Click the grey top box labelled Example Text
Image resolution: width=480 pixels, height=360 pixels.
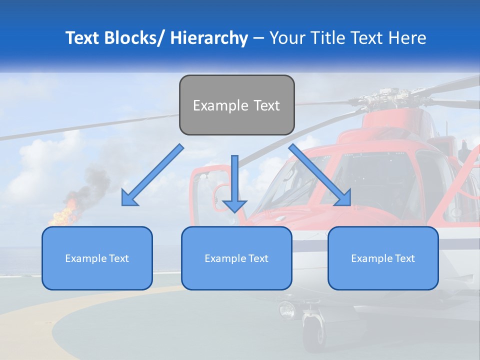pyautogui.click(x=236, y=105)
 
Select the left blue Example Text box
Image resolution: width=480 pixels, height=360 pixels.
pyautogui.click(x=97, y=258)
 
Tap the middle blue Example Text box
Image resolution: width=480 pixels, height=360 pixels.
pyautogui.click(x=236, y=258)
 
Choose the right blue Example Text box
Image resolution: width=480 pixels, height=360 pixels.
pyautogui.click(x=383, y=258)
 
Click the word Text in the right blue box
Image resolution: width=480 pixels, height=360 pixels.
pyautogui.click(x=404, y=258)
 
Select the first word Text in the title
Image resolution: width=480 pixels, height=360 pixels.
pyautogui.click(x=82, y=38)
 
